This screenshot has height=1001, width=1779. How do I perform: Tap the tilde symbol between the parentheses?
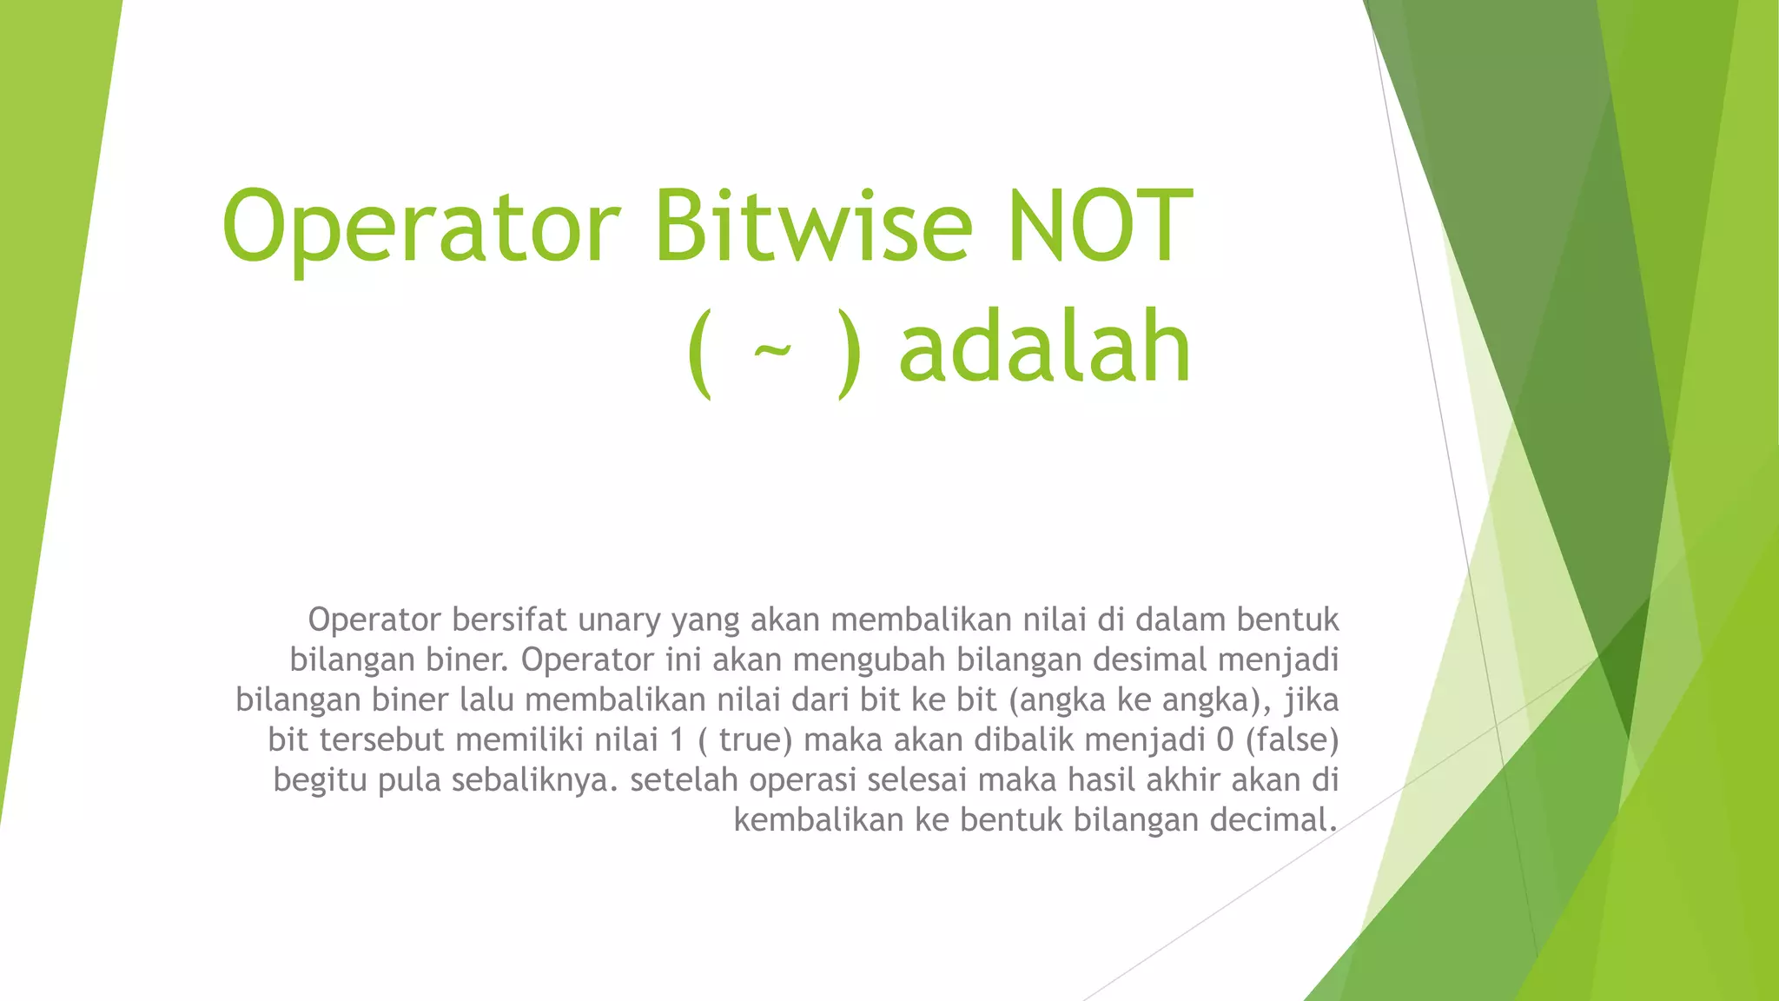[773, 351]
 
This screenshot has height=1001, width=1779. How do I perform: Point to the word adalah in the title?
[1044, 348]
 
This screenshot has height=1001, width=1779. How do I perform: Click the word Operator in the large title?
[421, 228]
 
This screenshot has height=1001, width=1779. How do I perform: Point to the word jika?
[1312, 699]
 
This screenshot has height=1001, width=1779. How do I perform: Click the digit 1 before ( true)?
[677, 739]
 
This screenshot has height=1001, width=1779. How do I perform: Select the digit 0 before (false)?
[1225, 739]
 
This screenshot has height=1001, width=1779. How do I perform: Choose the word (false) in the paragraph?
[1292, 739]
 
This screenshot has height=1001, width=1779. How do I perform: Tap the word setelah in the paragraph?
[684, 779]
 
